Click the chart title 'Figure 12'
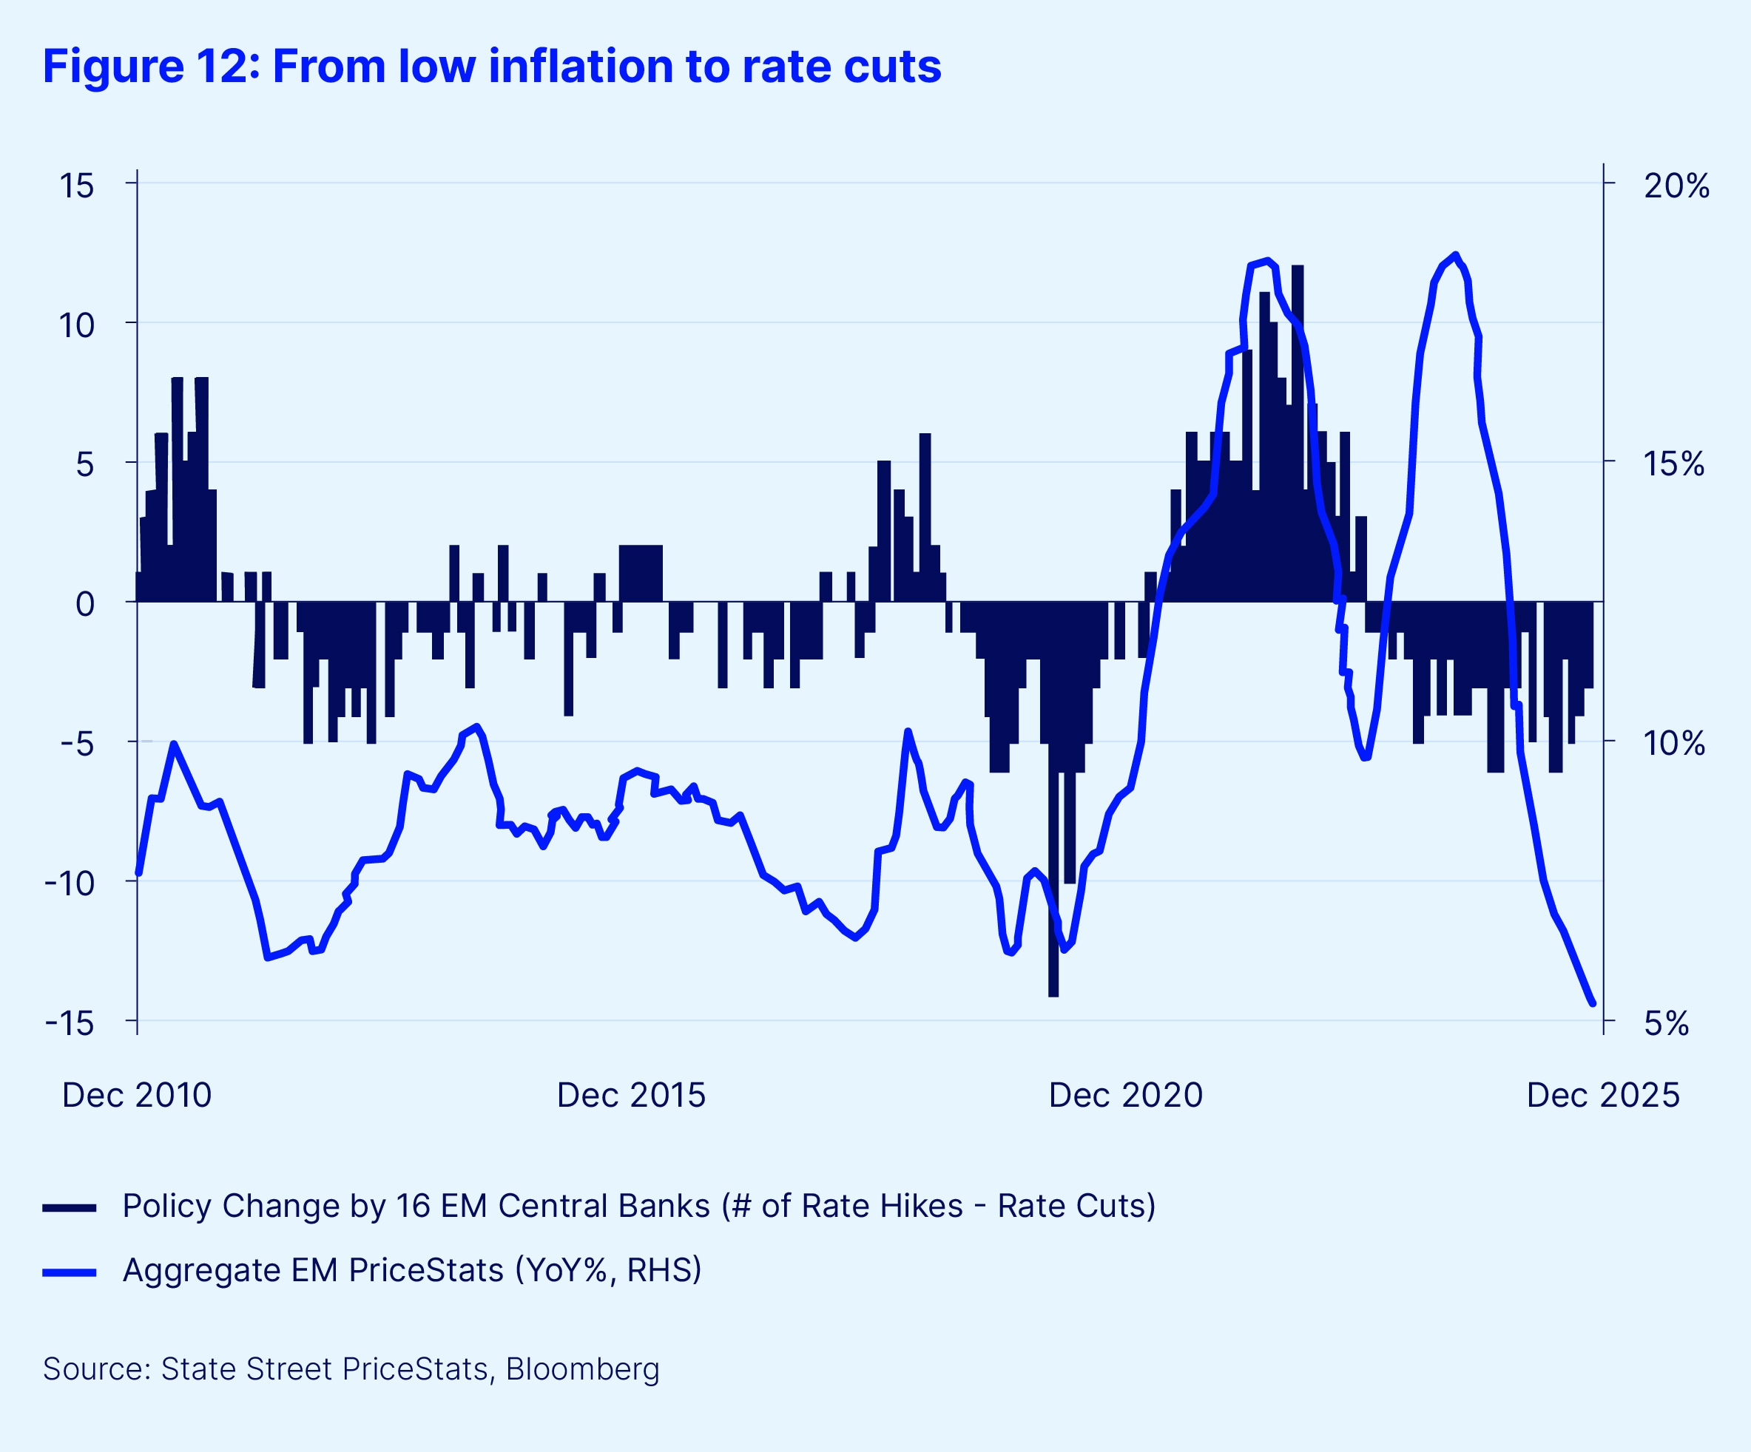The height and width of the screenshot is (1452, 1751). click(491, 67)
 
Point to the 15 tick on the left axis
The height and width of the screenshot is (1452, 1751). click(77, 185)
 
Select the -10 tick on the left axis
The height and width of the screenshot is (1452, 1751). click(70, 883)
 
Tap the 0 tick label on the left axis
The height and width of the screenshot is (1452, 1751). click(85, 603)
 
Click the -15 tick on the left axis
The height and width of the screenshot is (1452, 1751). click(70, 1022)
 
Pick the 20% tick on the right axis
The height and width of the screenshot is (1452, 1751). click(1676, 186)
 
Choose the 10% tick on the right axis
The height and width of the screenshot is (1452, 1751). click(1673, 744)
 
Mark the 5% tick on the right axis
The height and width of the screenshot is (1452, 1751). click(1666, 1023)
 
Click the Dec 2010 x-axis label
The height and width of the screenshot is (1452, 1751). click(137, 1095)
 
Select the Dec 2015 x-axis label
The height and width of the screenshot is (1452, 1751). click(631, 1095)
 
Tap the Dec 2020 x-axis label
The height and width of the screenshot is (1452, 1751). click(1126, 1095)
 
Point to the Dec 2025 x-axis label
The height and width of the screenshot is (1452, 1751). click(1602, 1095)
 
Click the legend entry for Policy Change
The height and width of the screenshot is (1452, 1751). click(638, 1206)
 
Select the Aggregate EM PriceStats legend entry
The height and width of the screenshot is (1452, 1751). click(412, 1270)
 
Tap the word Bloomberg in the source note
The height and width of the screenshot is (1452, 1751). click(582, 1368)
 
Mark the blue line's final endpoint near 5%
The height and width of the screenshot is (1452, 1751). click(1593, 1003)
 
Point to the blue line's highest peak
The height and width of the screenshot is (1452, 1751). click(1455, 254)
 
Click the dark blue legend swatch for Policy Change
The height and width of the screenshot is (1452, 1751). click(70, 1207)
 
